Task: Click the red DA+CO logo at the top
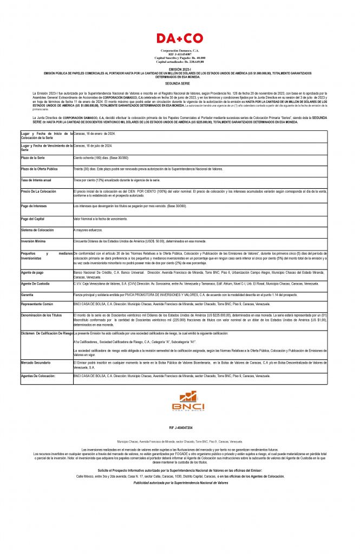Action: [x=180, y=38]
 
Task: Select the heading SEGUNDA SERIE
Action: [x=180, y=85]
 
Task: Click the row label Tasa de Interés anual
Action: [x=36, y=180]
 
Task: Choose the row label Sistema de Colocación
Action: [x=38, y=230]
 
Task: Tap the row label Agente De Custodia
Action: [x=36, y=283]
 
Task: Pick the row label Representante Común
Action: [x=37, y=304]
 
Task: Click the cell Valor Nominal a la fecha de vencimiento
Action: [x=100, y=219]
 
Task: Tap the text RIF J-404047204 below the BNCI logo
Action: [x=180, y=428]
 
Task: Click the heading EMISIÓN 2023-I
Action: [x=180, y=70]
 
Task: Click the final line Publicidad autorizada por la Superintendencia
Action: [x=180, y=483]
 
